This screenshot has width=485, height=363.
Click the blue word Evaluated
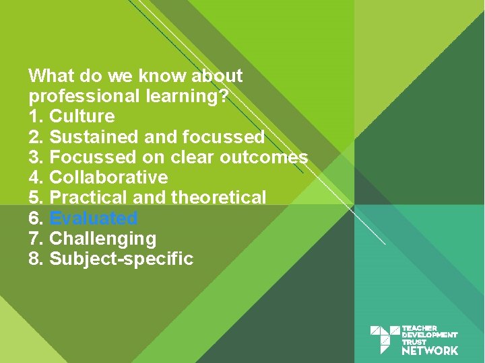(94, 218)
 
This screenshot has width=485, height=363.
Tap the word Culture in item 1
(82, 116)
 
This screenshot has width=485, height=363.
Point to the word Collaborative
(108, 177)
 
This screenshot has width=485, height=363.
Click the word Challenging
(102, 239)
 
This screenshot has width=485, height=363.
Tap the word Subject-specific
(121, 259)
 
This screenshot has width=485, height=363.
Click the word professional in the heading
(84, 96)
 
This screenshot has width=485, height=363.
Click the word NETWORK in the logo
(430, 350)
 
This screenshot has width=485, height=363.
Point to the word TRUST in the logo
(414, 342)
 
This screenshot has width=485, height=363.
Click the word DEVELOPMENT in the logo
(430, 335)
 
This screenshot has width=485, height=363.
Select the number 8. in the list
(36, 259)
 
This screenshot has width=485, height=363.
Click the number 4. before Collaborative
(36, 177)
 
